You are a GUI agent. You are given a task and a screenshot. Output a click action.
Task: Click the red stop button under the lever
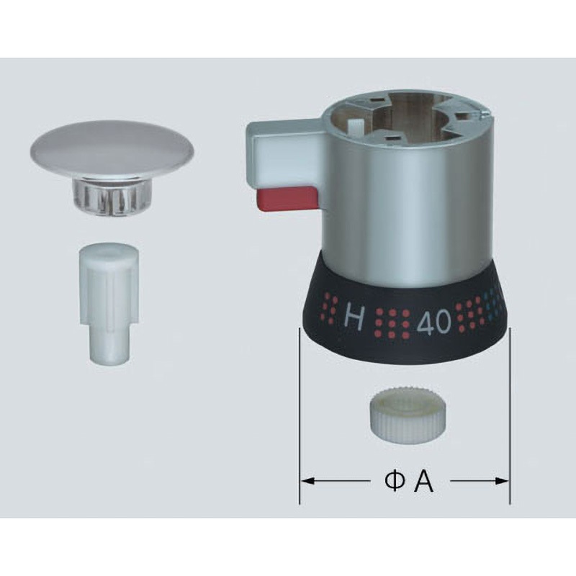pos(287,199)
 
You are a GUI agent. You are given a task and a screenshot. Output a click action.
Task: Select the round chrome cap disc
pos(112,148)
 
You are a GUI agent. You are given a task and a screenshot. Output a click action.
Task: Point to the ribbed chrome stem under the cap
pos(112,194)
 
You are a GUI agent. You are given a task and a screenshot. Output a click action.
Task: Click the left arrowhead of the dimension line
pos(307,480)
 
